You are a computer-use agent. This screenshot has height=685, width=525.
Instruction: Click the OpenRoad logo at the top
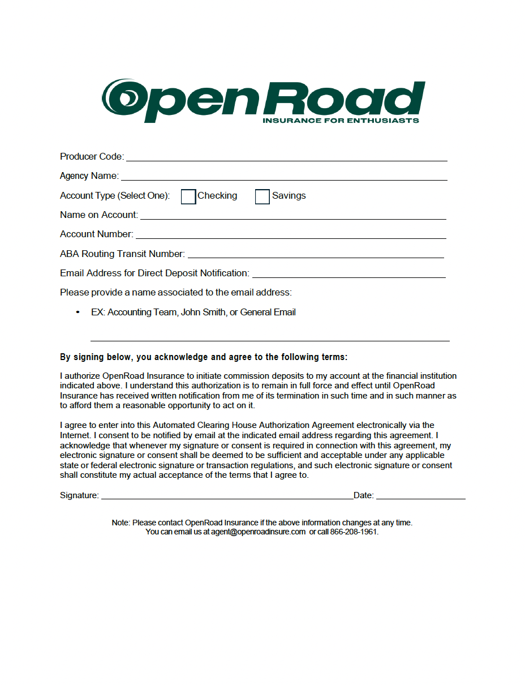click(263, 101)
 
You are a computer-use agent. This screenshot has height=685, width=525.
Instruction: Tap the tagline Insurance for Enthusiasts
click(341, 121)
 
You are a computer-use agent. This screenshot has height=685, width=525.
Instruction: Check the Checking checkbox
click(188, 196)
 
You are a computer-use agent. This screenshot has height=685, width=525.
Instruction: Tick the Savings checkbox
click(262, 196)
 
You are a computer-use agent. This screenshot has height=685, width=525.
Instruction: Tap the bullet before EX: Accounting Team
click(78, 312)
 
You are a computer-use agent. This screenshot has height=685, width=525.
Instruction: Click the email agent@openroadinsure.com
click(259, 532)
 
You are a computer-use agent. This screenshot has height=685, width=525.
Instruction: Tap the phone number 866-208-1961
click(354, 532)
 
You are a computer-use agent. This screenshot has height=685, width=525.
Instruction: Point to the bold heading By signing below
click(204, 357)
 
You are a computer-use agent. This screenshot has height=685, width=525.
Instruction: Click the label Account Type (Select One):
click(115, 196)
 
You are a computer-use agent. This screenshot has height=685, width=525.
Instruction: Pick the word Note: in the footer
click(121, 523)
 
